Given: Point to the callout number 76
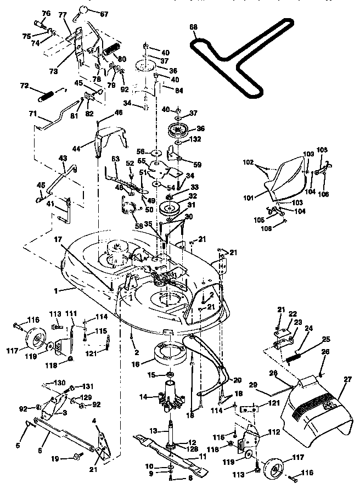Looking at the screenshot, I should (46, 13).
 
